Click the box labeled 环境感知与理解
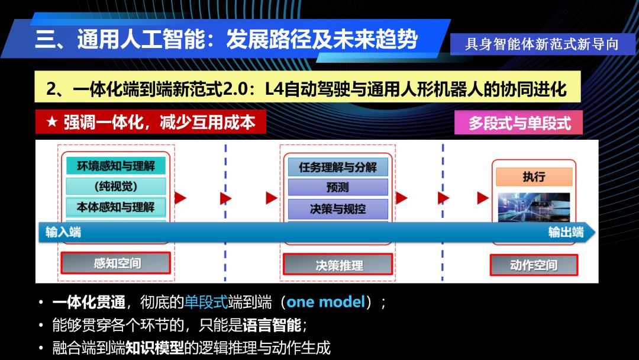116,166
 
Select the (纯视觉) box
116,187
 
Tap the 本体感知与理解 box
116,207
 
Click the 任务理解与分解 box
338,167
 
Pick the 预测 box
338,187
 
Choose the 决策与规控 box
338,209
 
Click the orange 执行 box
534,176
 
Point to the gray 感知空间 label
116,263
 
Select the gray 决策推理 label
338,265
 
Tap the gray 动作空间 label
534,265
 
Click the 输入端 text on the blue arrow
63,232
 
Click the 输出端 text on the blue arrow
566,232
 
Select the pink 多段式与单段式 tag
518,123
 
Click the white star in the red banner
51,121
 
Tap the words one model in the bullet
326,302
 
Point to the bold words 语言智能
272,325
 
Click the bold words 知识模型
155,348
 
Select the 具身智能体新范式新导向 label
542,44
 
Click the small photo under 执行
534,207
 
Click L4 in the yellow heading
275,88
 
